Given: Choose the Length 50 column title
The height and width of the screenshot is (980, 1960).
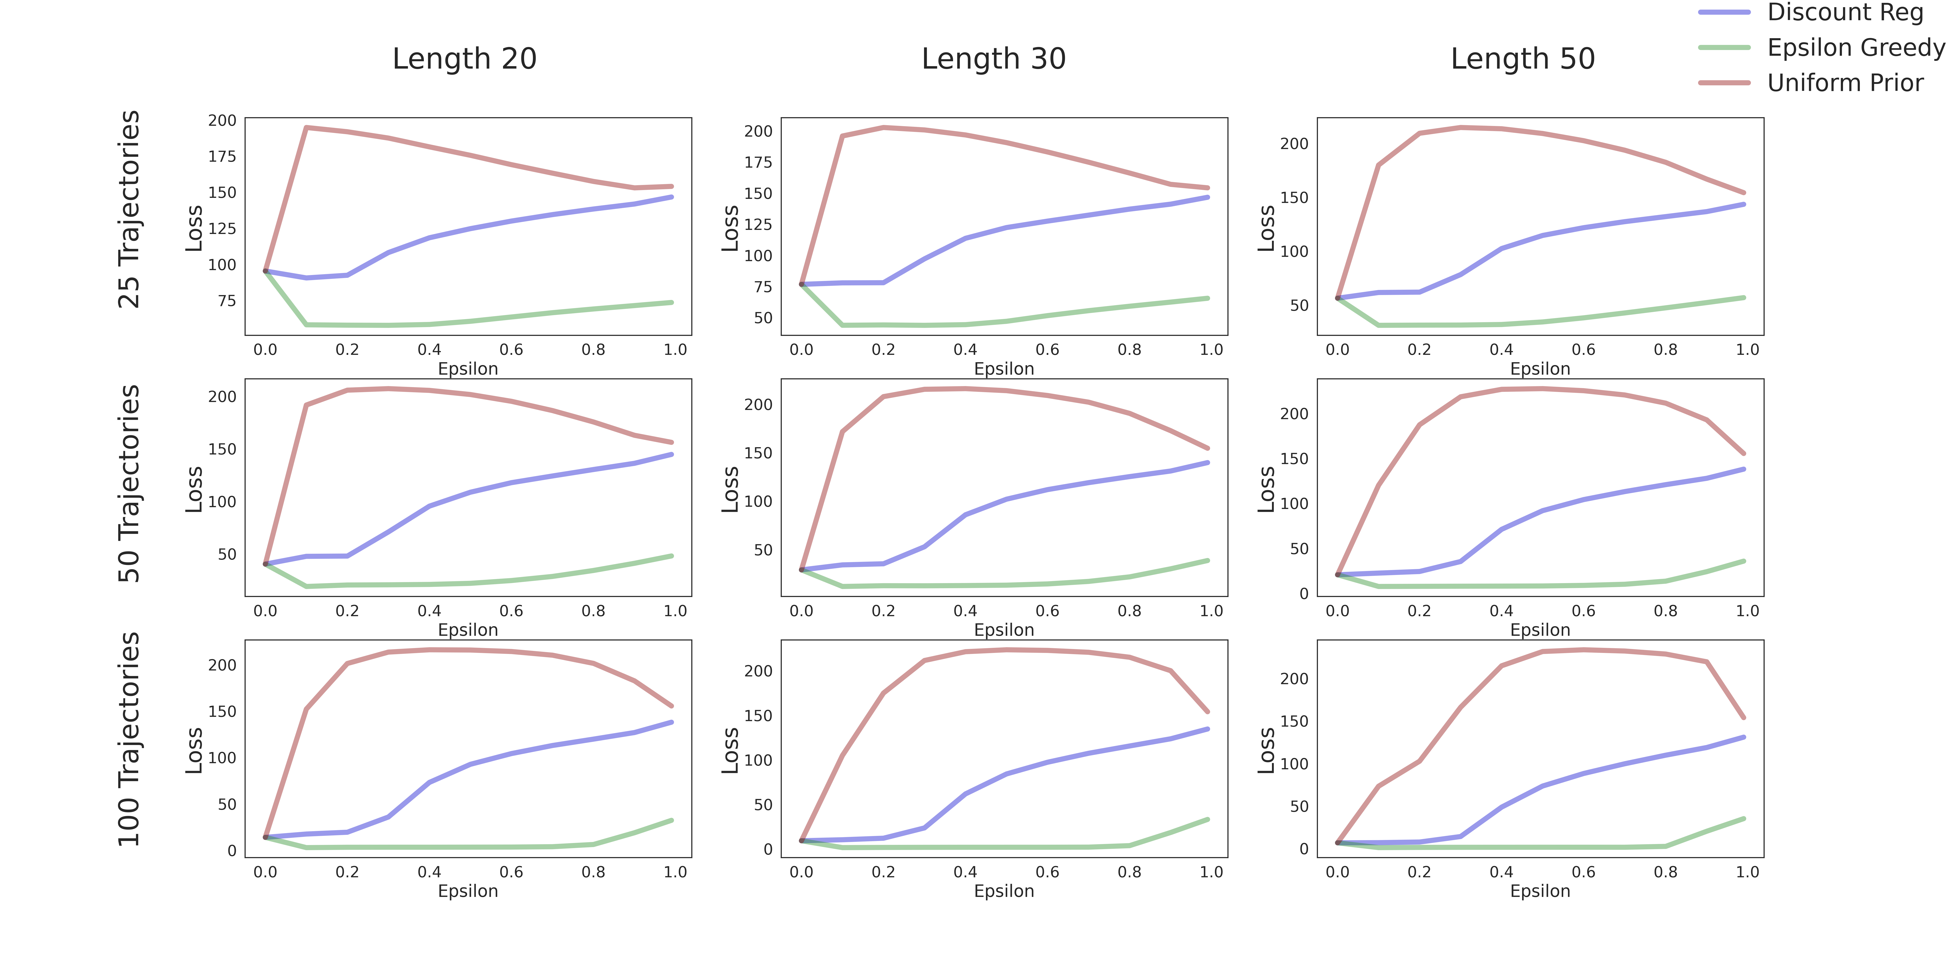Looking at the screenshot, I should (1522, 59).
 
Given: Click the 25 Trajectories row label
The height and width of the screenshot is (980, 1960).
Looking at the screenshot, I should (129, 209).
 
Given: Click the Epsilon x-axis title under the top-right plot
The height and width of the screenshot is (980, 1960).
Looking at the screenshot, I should (1540, 369).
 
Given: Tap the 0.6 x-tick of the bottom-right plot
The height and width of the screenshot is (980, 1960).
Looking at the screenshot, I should (1583, 872).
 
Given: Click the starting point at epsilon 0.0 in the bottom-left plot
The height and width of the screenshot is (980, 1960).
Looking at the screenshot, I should (266, 837).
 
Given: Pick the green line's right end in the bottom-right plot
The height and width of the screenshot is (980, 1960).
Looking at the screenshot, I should (1743, 819).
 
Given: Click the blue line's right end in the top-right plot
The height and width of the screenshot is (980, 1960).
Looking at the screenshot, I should (1743, 204).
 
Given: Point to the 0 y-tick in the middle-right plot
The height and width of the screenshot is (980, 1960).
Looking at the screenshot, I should (1304, 594).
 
